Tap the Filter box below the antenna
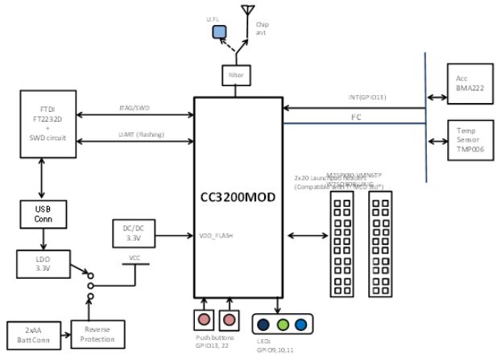(x=237, y=75)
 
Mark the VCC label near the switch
(x=135, y=260)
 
